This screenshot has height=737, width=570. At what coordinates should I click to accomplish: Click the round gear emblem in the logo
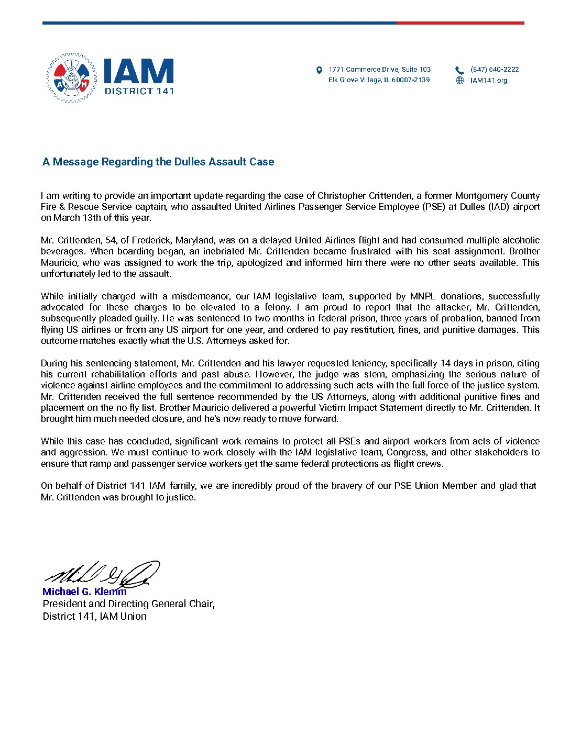[71, 78]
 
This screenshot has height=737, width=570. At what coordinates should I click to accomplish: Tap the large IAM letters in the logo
[139, 71]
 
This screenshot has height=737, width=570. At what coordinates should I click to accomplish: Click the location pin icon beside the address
[319, 70]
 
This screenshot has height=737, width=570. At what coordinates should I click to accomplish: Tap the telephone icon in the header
[459, 70]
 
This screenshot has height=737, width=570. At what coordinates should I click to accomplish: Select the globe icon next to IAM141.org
[460, 81]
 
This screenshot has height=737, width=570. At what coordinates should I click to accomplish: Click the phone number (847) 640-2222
[495, 70]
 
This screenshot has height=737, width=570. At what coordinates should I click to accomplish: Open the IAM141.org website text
[489, 81]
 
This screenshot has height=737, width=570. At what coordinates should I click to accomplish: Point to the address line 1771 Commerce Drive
[379, 70]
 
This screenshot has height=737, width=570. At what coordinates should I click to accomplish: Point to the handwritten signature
[102, 574]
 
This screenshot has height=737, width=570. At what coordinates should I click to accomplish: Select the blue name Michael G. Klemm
[84, 592]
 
